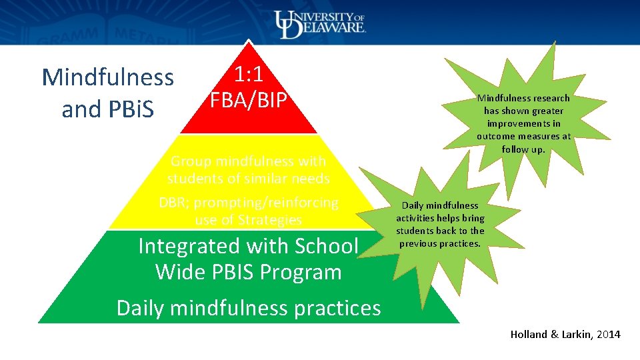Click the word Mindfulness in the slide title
tap(107, 77)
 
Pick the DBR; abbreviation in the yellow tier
tap(175, 203)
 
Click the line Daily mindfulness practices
tap(249, 308)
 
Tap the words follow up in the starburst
tap(523, 149)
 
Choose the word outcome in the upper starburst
tap(498, 136)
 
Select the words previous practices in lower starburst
tap(440, 243)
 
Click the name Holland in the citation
tap(528, 335)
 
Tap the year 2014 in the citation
tap(608, 335)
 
